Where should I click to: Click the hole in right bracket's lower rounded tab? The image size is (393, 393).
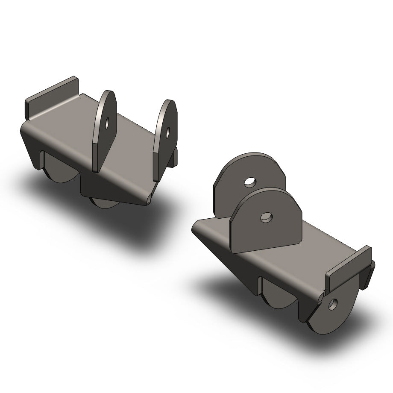[332, 304]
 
